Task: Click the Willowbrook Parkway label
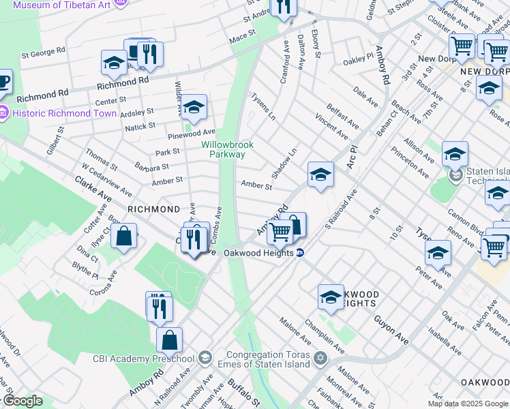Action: tap(223, 149)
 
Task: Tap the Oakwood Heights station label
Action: tap(259, 252)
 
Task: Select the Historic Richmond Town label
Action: tap(51, 113)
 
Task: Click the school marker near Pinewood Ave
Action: tap(194, 106)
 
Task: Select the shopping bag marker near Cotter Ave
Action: tap(124, 237)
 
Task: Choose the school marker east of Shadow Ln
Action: tap(320, 175)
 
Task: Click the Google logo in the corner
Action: tap(22, 401)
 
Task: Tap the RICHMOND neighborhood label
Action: tap(154, 209)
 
